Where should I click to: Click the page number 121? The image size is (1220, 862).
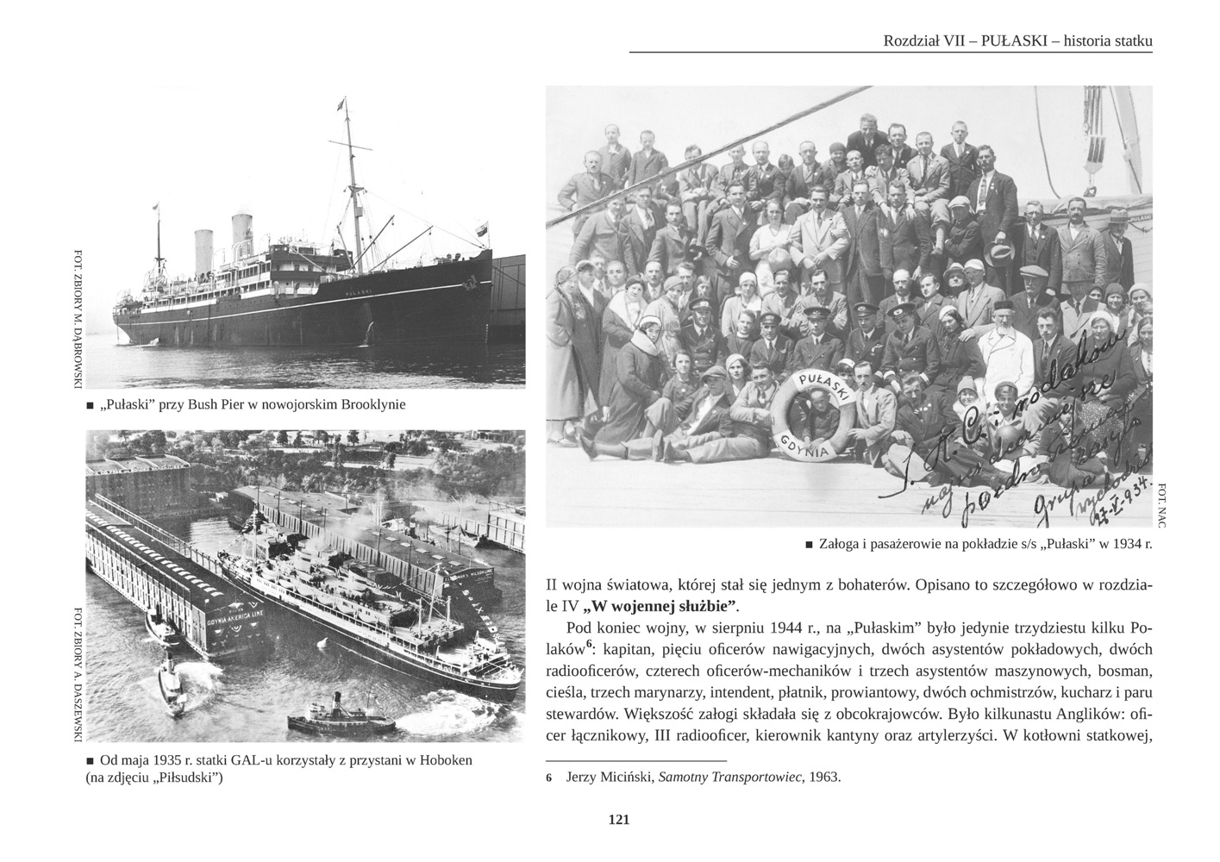[618, 820]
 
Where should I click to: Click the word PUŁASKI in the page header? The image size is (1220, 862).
[1013, 41]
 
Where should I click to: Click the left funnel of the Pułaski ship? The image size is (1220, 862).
[203, 250]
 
